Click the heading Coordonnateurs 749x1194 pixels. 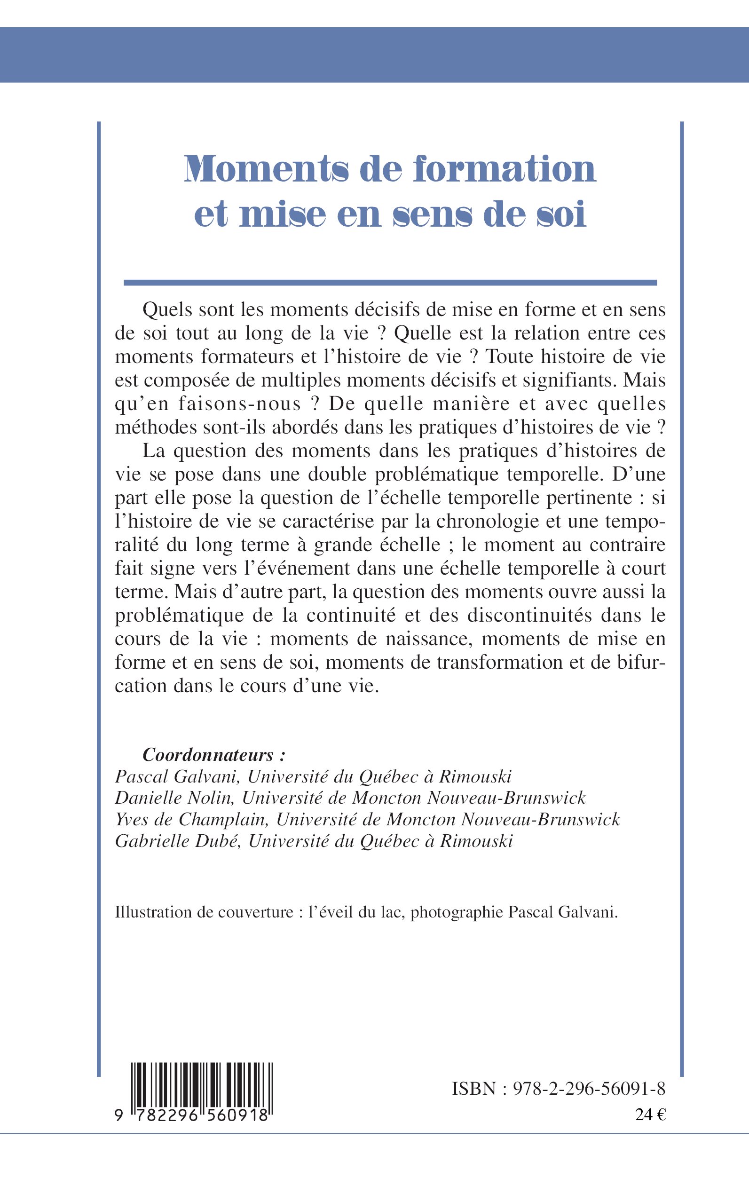pos(208,755)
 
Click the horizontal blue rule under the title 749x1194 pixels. pos(390,283)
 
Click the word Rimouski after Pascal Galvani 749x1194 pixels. pos(475,776)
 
